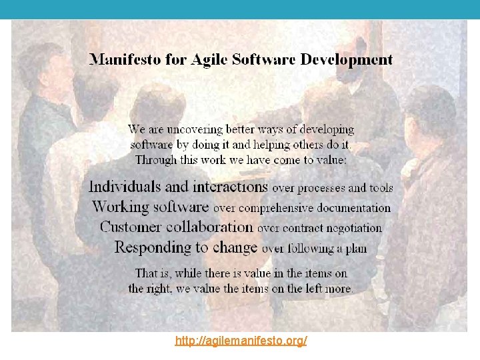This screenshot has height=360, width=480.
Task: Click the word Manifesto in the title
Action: [x=122, y=59]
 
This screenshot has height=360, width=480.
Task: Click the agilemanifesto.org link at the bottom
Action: [x=241, y=341]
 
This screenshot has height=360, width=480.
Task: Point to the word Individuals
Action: [x=130, y=187]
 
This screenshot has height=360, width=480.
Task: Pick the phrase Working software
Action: [x=151, y=207]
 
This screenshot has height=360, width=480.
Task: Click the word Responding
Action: [x=153, y=248]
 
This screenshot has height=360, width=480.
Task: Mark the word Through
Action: [x=155, y=159]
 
